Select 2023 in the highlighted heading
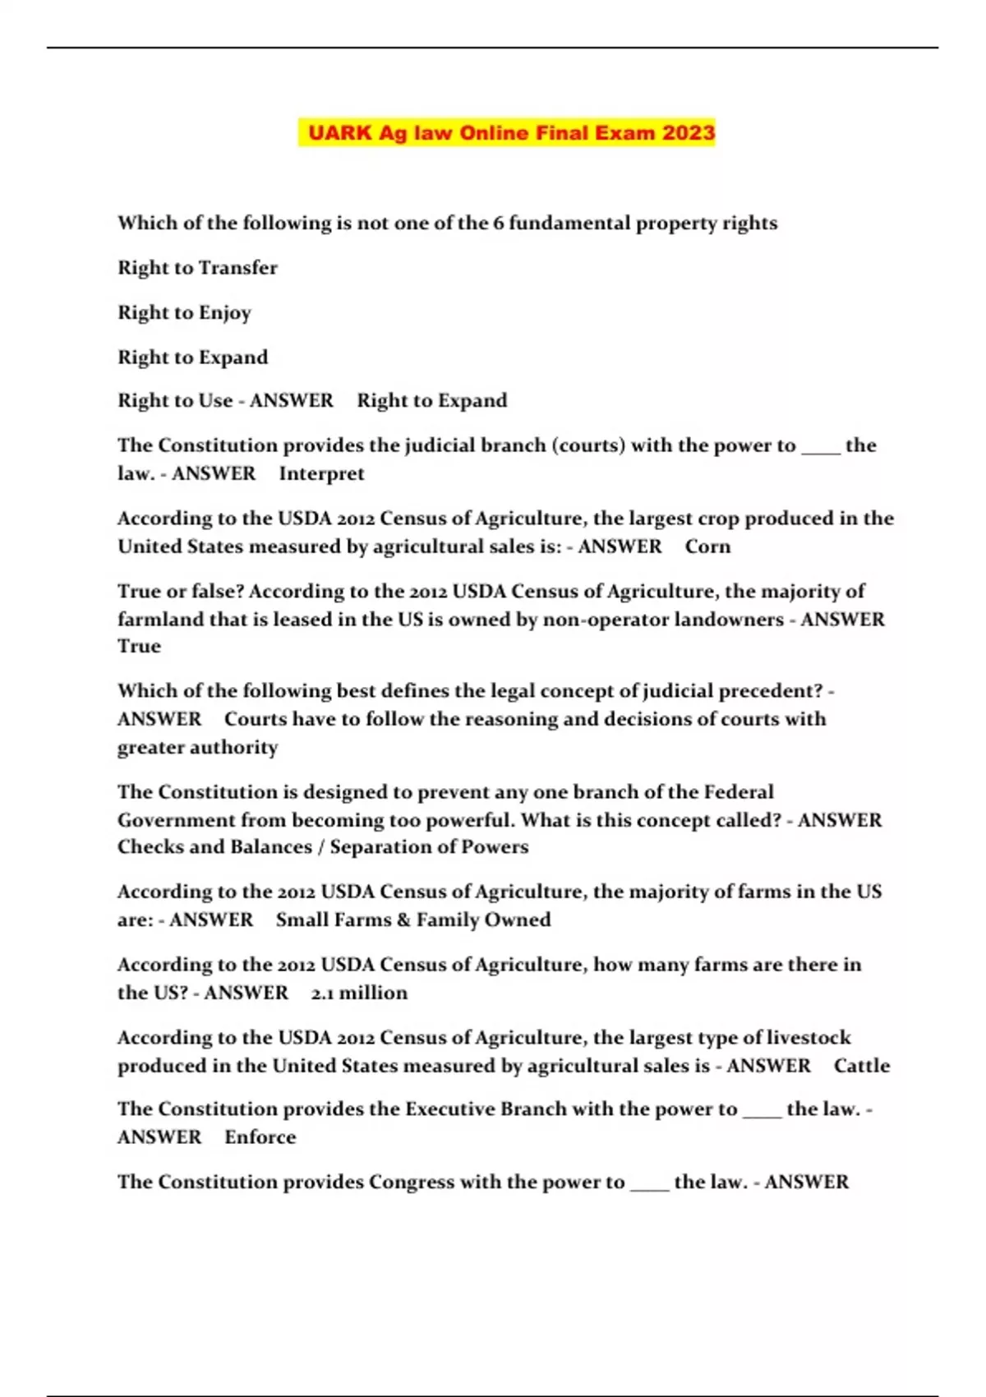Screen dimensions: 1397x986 coord(689,133)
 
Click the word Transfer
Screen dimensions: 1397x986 coord(237,268)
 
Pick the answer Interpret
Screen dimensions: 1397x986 coord(321,474)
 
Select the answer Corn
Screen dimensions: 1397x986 coord(707,547)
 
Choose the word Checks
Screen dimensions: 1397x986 coord(150,847)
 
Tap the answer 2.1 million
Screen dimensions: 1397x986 coord(359,994)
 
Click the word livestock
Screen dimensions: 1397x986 coord(809,1038)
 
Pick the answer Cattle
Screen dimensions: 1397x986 coord(861,1067)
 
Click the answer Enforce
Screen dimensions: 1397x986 coord(260,1138)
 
